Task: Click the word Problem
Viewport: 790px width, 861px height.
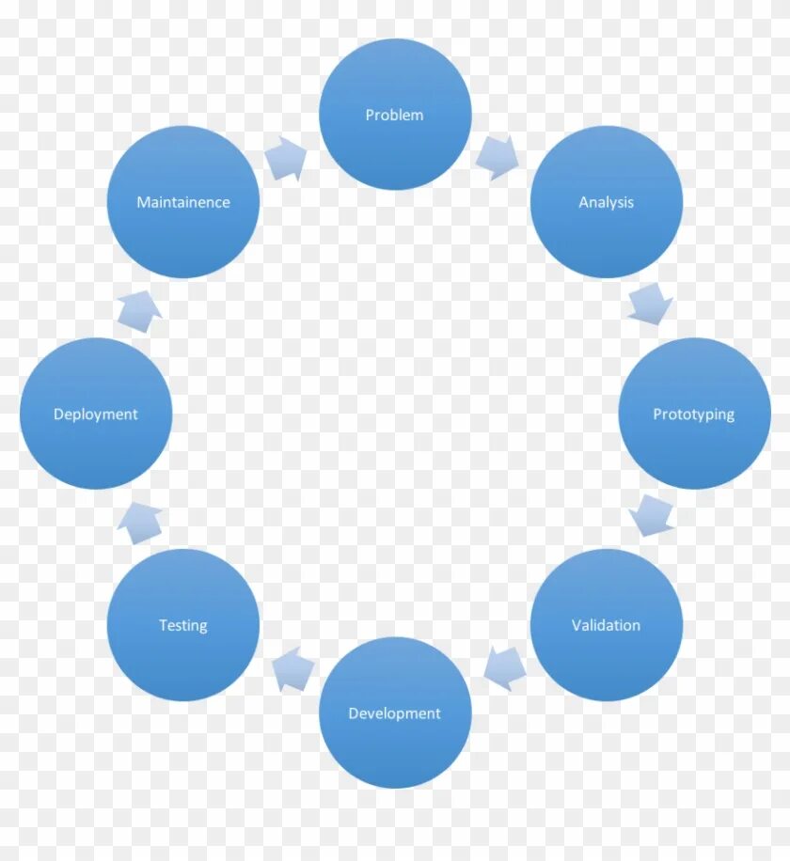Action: pos(395,115)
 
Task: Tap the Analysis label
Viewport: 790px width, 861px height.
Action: pos(607,202)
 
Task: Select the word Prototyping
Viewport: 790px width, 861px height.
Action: pos(694,415)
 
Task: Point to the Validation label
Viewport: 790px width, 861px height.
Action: pos(607,625)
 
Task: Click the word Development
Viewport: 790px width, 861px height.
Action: pos(395,713)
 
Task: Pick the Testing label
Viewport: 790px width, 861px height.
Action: pos(183,625)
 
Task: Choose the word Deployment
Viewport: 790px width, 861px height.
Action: pos(96,415)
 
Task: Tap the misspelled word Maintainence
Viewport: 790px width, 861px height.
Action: pos(183,202)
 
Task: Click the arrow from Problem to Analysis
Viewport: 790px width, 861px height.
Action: pos(498,157)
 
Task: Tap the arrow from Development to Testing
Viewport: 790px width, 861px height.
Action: pos(292,669)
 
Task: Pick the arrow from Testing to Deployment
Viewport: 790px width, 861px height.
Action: pos(140,522)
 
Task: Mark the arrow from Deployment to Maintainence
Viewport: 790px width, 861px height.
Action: pos(140,309)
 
